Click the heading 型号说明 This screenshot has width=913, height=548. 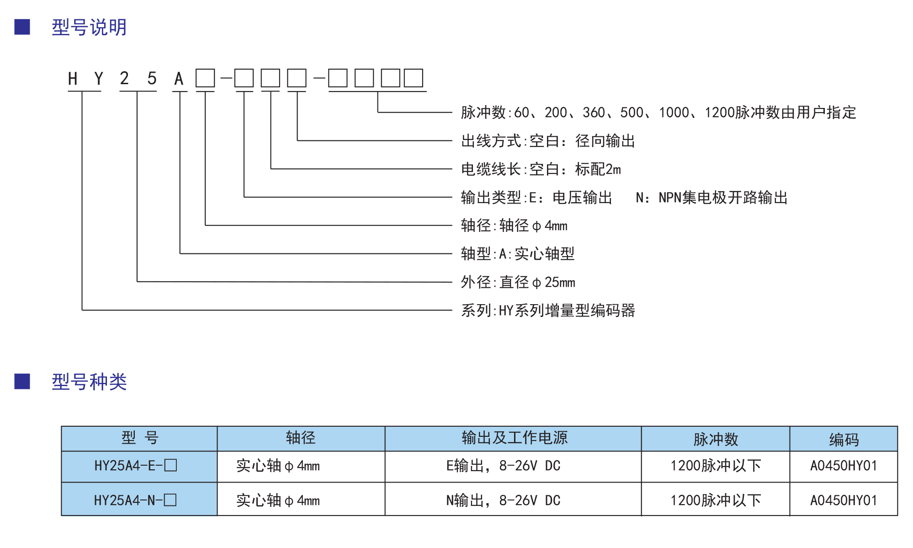[89, 27]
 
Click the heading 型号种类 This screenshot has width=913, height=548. [89, 382]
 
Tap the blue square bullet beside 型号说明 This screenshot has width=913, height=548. [22, 27]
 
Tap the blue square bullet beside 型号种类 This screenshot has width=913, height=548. [22, 381]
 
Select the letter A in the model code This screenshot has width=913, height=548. [179, 79]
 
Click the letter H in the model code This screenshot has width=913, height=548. [73, 79]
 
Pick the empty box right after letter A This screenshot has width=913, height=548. [205, 78]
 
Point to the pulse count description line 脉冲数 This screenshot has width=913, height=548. [658, 113]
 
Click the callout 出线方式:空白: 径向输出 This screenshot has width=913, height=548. [548, 141]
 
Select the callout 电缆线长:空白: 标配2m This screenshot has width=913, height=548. [541, 169]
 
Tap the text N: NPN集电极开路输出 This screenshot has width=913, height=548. [712, 198]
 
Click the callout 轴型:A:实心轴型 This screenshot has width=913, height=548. [518, 254]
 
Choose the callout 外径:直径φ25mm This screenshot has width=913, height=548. [518, 282]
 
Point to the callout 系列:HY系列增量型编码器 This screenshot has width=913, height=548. [548, 311]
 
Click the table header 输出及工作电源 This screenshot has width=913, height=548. [515, 438]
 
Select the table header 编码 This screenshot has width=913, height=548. [844, 440]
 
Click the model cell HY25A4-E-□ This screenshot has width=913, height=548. [135, 466]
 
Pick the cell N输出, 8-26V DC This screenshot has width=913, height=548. [503, 500]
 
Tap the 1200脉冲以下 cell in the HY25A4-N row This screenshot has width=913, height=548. [716, 500]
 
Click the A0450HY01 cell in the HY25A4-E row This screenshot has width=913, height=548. [844, 466]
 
